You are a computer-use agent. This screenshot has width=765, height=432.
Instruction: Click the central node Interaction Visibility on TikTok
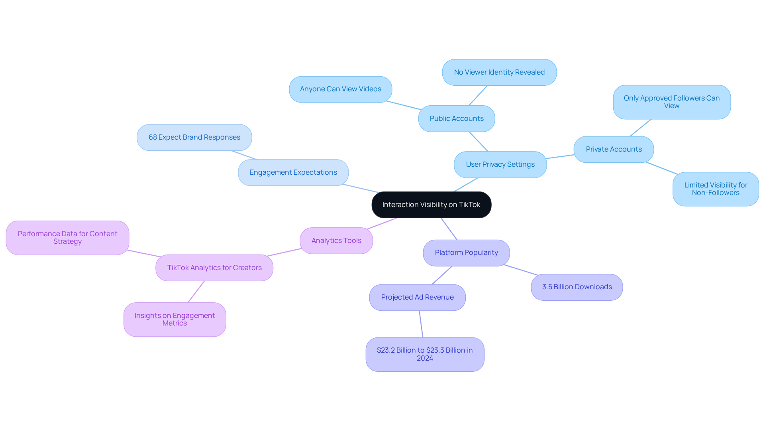[x=431, y=205]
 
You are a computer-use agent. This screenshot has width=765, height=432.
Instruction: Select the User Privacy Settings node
[x=500, y=164]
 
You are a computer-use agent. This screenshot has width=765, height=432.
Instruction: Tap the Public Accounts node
[x=457, y=118]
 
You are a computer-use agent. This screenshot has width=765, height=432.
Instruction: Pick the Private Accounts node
[x=614, y=149]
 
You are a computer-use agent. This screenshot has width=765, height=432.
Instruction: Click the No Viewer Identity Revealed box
[x=499, y=72]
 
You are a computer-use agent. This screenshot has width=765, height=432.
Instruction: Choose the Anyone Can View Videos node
[x=340, y=89]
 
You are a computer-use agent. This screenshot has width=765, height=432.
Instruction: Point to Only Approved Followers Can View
[x=672, y=102]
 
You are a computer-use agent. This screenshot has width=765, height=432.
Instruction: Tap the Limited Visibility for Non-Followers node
[x=716, y=189]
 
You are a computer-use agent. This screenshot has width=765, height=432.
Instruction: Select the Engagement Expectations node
[x=293, y=172]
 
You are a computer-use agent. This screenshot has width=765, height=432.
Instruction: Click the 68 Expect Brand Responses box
[x=194, y=137]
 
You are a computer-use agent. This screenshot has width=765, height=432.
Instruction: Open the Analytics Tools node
[x=336, y=241]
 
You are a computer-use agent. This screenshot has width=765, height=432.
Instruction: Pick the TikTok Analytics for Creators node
[x=214, y=268]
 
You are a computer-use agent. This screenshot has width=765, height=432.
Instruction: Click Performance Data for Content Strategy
[x=67, y=238]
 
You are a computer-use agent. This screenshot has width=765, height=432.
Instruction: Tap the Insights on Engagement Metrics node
[x=175, y=320]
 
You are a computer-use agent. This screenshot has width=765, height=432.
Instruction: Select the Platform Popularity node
[x=466, y=252]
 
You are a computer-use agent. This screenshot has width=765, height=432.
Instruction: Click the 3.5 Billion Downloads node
[x=577, y=287]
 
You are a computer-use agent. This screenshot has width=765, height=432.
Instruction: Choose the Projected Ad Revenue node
[x=417, y=297]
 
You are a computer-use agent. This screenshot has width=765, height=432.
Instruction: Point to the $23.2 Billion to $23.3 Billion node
[x=425, y=354]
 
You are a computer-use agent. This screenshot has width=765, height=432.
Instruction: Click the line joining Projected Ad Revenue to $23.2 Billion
[x=421, y=324]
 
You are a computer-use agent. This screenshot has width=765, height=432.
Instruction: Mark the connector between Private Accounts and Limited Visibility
[x=661, y=168]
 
